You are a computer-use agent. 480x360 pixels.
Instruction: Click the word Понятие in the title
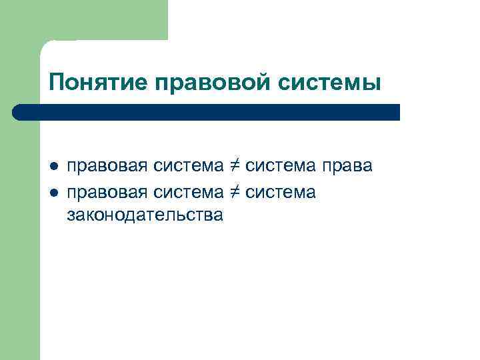tap(98, 83)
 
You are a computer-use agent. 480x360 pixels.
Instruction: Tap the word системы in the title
tap(331, 83)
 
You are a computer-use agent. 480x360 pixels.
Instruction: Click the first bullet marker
tap(55, 166)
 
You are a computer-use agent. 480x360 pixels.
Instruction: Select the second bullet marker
tap(55, 193)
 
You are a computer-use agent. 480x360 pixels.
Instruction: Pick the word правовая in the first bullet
tap(107, 167)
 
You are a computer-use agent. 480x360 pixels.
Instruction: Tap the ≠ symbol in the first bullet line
tap(235, 166)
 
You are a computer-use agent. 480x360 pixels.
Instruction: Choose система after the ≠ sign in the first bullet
tap(281, 167)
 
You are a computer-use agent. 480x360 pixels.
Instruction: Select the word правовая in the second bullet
tap(107, 193)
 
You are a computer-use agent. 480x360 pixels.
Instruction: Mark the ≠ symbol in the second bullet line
tap(235, 193)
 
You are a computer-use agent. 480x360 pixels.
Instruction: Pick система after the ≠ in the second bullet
tap(281, 193)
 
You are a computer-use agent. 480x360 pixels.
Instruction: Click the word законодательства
tap(145, 215)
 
